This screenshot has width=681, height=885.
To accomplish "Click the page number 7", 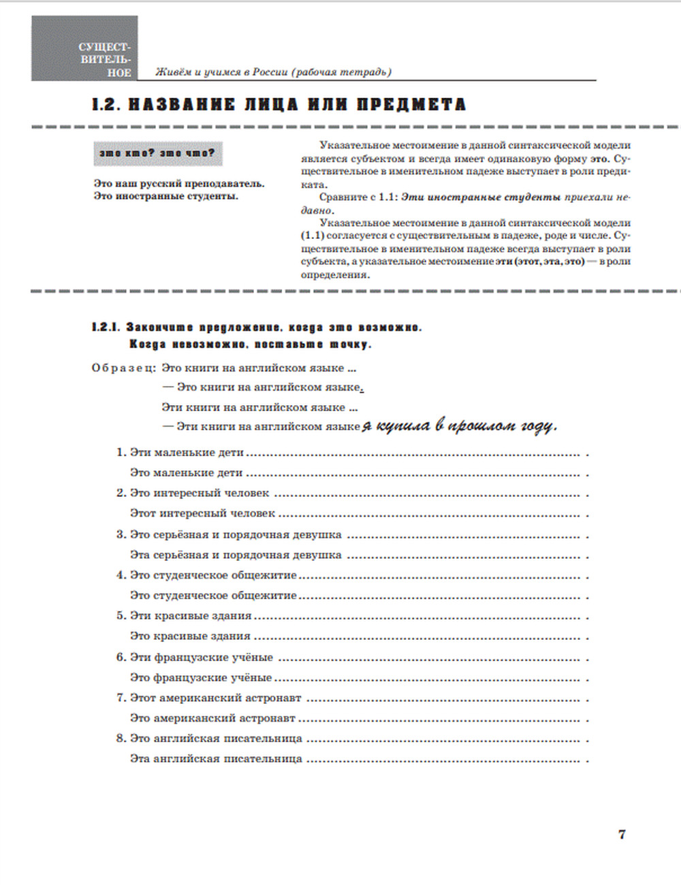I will point(621,834).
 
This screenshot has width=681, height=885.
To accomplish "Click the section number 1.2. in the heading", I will point(106,104).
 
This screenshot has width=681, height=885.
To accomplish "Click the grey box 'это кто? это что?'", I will point(158,153).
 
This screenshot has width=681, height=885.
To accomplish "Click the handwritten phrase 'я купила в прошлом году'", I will point(459,426).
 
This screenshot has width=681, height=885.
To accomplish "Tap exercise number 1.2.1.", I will point(106,327).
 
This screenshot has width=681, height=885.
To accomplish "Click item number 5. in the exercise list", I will point(121,615).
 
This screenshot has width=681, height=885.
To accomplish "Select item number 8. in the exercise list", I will point(121,738).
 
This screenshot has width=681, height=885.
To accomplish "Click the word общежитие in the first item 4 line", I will point(264,575).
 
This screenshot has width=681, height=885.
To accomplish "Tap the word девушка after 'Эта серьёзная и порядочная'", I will point(318,555).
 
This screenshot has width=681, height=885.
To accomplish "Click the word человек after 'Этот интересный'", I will point(253,513).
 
